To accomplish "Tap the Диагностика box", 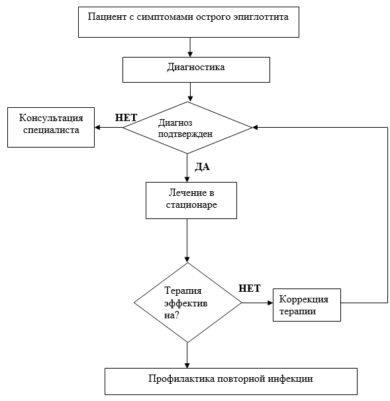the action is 196,69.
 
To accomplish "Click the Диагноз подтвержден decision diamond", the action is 187,128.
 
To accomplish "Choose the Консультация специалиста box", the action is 51,127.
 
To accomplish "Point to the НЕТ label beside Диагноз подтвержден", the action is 126,118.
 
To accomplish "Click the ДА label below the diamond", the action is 202,167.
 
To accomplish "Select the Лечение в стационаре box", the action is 191,200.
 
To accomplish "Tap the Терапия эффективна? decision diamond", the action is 187,302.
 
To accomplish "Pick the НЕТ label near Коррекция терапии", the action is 250,289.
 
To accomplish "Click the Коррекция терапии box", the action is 307,305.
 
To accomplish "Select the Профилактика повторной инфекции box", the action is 231,381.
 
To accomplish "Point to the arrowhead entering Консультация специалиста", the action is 97,127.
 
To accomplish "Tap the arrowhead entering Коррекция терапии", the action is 270,303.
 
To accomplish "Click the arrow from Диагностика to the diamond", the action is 190,92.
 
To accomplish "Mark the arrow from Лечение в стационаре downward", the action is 187,241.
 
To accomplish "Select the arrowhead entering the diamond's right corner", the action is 255,127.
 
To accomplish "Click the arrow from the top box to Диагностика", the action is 190,47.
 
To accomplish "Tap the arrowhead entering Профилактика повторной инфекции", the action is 187,365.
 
